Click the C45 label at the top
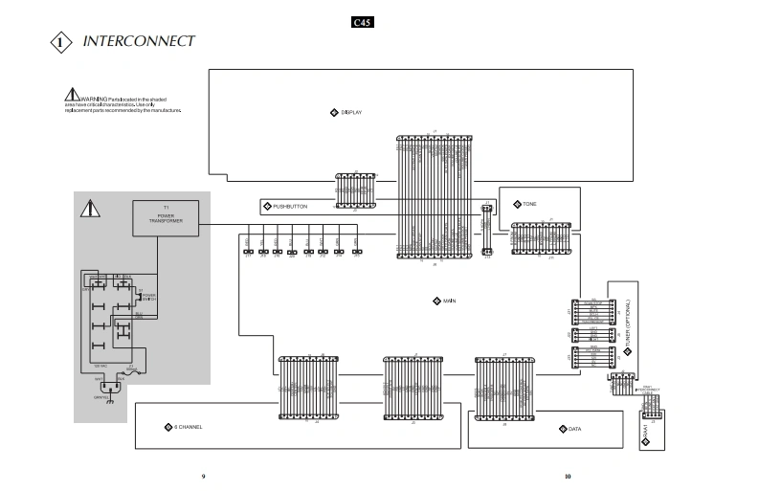(363, 22)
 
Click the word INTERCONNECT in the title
(139, 41)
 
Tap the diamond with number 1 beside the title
(60, 42)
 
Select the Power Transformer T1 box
(166, 218)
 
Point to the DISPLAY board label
(351, 113)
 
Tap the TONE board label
(529, 204)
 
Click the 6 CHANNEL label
(189, 426)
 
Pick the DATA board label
(574, 429)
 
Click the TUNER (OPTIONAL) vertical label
(628, 324)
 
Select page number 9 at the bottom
(203, 476)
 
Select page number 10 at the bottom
(568, 476)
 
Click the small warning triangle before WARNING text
(71, 96)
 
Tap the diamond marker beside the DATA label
(562, 429)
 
